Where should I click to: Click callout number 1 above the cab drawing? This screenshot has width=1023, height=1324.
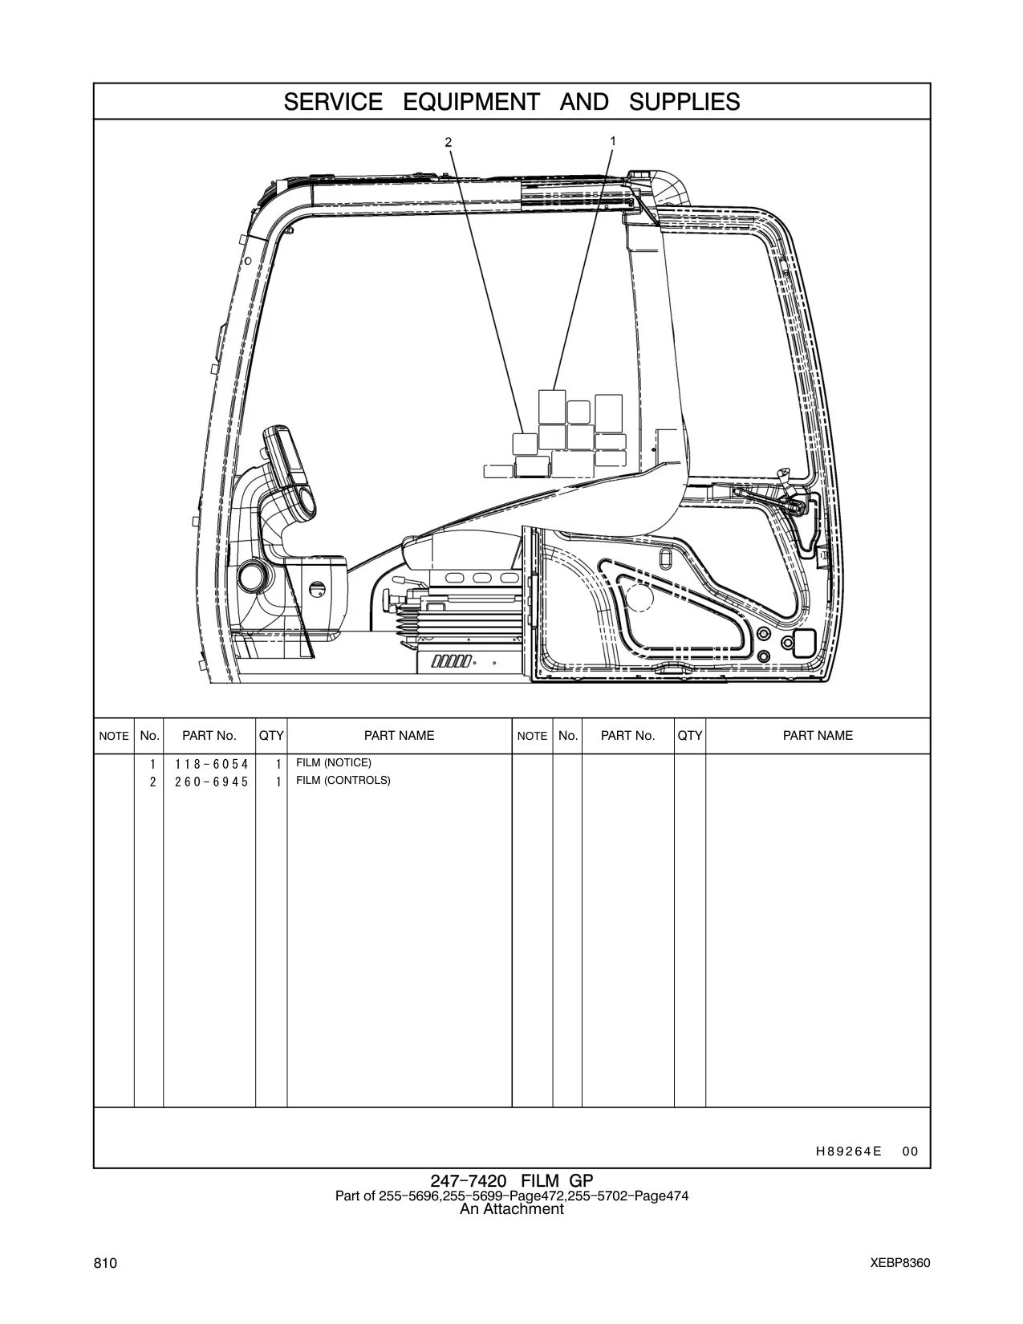(613, 140)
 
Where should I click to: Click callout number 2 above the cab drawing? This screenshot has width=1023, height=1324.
(449, 142)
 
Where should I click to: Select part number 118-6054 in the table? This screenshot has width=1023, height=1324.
(212, 764)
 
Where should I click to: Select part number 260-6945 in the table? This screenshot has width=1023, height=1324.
(212, 782)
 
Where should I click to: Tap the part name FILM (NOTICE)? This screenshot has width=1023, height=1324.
(333, 763)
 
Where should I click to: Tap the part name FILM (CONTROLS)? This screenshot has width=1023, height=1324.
(343, 781)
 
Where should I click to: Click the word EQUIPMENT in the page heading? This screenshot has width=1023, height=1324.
(472, 102)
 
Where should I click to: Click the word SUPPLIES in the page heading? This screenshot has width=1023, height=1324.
(684, 102)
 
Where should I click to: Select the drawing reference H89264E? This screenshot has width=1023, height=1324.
(849, 1151)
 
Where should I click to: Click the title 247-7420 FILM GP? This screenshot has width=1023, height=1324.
(512, 1182)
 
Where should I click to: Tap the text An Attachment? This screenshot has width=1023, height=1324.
(512, 1208)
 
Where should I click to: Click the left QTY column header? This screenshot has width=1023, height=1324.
(271, 735)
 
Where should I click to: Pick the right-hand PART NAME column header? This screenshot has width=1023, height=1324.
(818, 735)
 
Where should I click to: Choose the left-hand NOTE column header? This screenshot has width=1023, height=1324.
(114, 736)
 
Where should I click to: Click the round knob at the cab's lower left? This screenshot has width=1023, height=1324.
(252, 575)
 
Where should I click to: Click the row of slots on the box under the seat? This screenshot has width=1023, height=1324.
(452, 661)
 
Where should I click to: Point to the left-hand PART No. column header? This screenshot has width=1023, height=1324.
(209, 735)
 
